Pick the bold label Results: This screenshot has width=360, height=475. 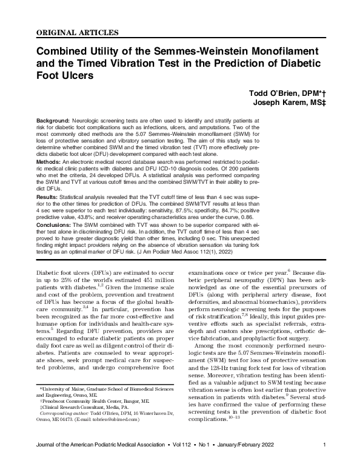click(x=48, y=197)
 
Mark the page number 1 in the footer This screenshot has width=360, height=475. click(x=325, y=463)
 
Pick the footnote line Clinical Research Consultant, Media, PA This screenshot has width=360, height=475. click(x=81, y=416)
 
